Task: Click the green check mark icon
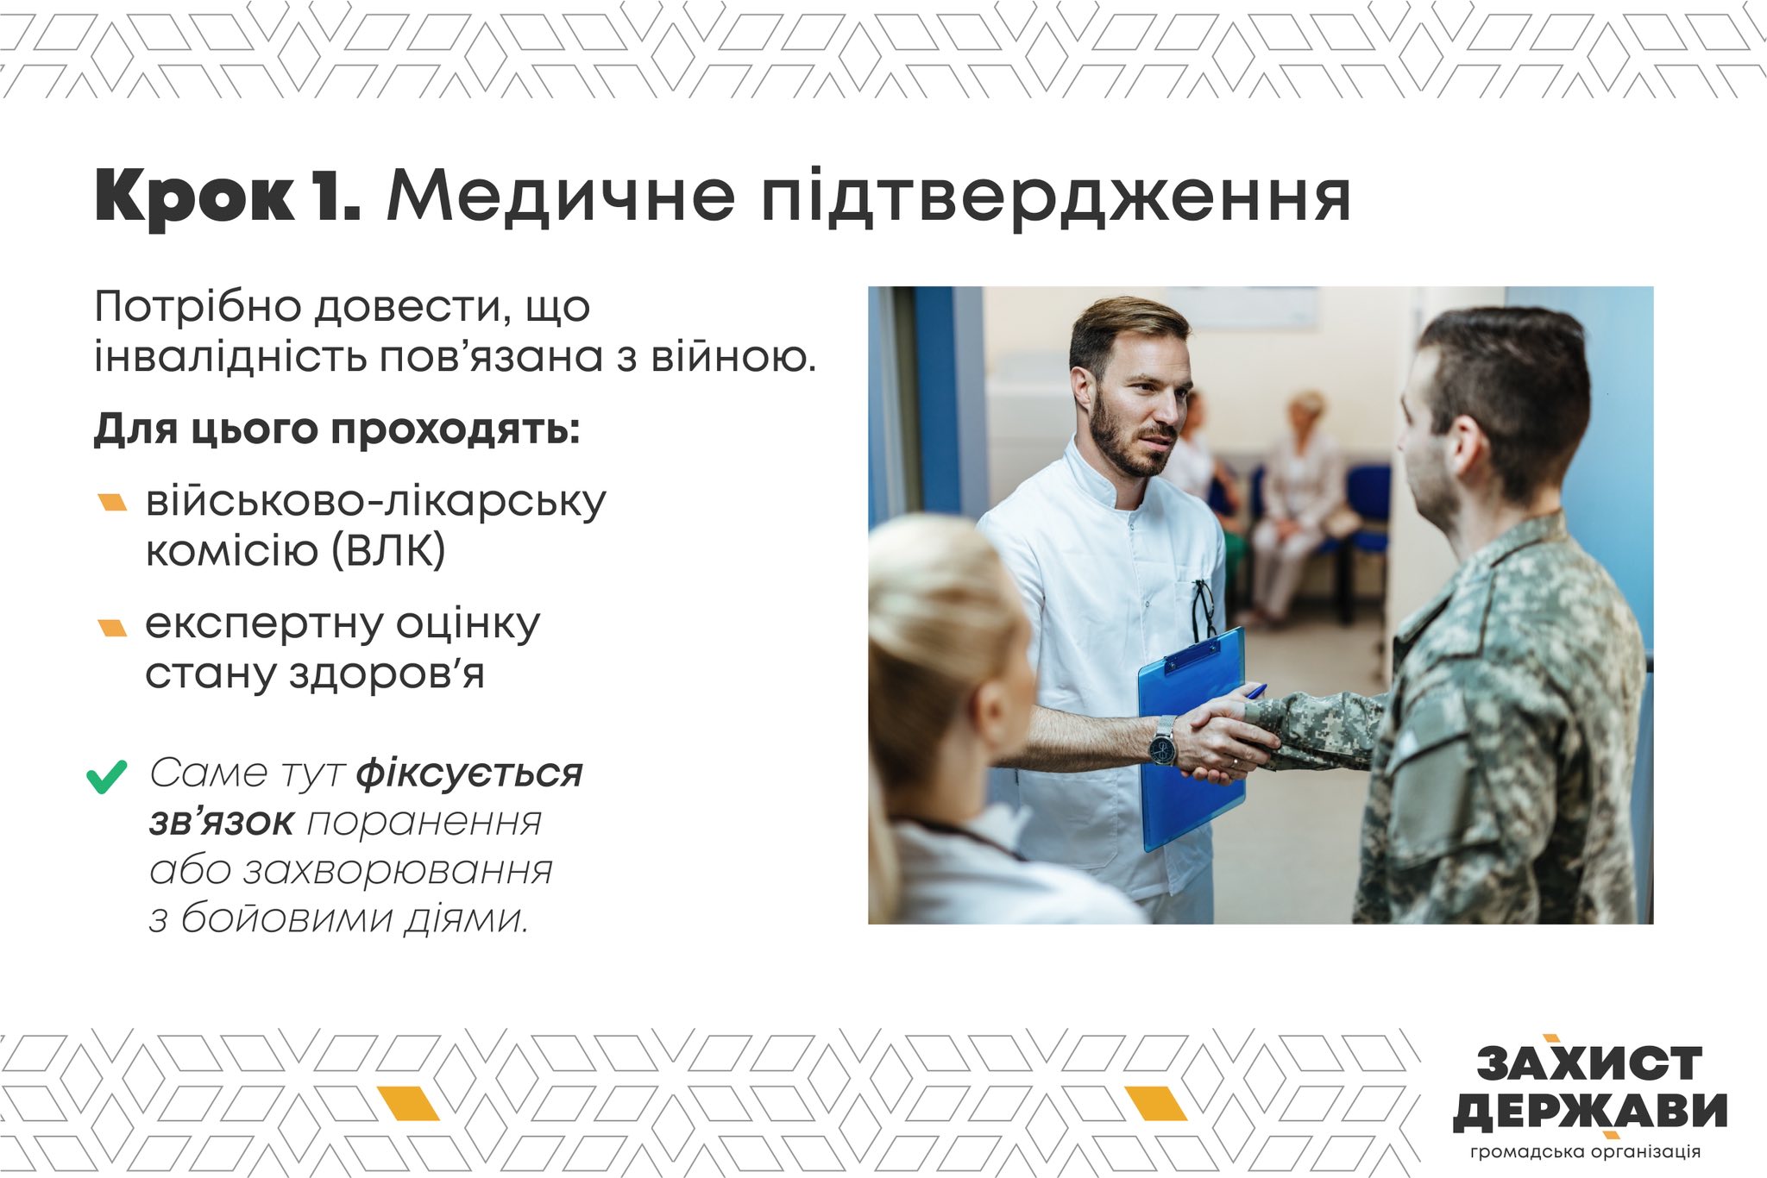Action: tap(107, 776)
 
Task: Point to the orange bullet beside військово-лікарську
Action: tap(113, 502)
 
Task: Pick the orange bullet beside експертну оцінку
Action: tap(113, 627)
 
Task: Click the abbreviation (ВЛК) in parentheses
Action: tap(389, 550)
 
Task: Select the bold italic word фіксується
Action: tap(469, 773)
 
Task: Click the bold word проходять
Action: tap(456, 429)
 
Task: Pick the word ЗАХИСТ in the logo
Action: tap(1589, 1062)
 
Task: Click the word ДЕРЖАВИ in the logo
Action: tap(1590, 1112)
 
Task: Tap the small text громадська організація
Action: tap(1586, 1152)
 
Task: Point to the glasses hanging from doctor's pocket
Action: tap(1204, 608)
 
